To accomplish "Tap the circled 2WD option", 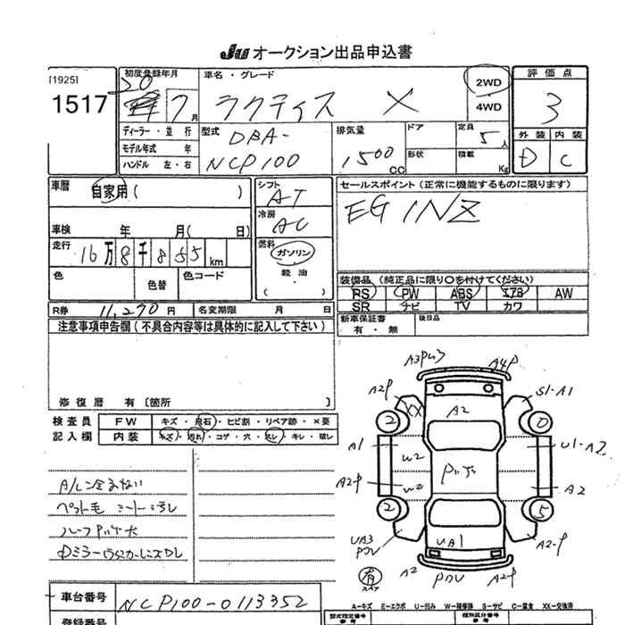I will pyautogui.click(x=488, y=84).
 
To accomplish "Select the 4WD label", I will pyautogui.click(x=488, y=106).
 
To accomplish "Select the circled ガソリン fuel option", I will pyautogui.click(x=291, y=254).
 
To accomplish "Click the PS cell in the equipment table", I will pyautogui.click(x=361, y=293).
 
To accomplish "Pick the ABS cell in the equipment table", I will pyautogui.click(x=462, y=293).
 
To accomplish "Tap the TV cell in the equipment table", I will pyautogui.click(x=462, y=305).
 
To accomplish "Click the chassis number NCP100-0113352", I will pyautogui.click(x=216, y=599).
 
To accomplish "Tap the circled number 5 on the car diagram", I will pyautogui.click(x=538, y=510).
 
